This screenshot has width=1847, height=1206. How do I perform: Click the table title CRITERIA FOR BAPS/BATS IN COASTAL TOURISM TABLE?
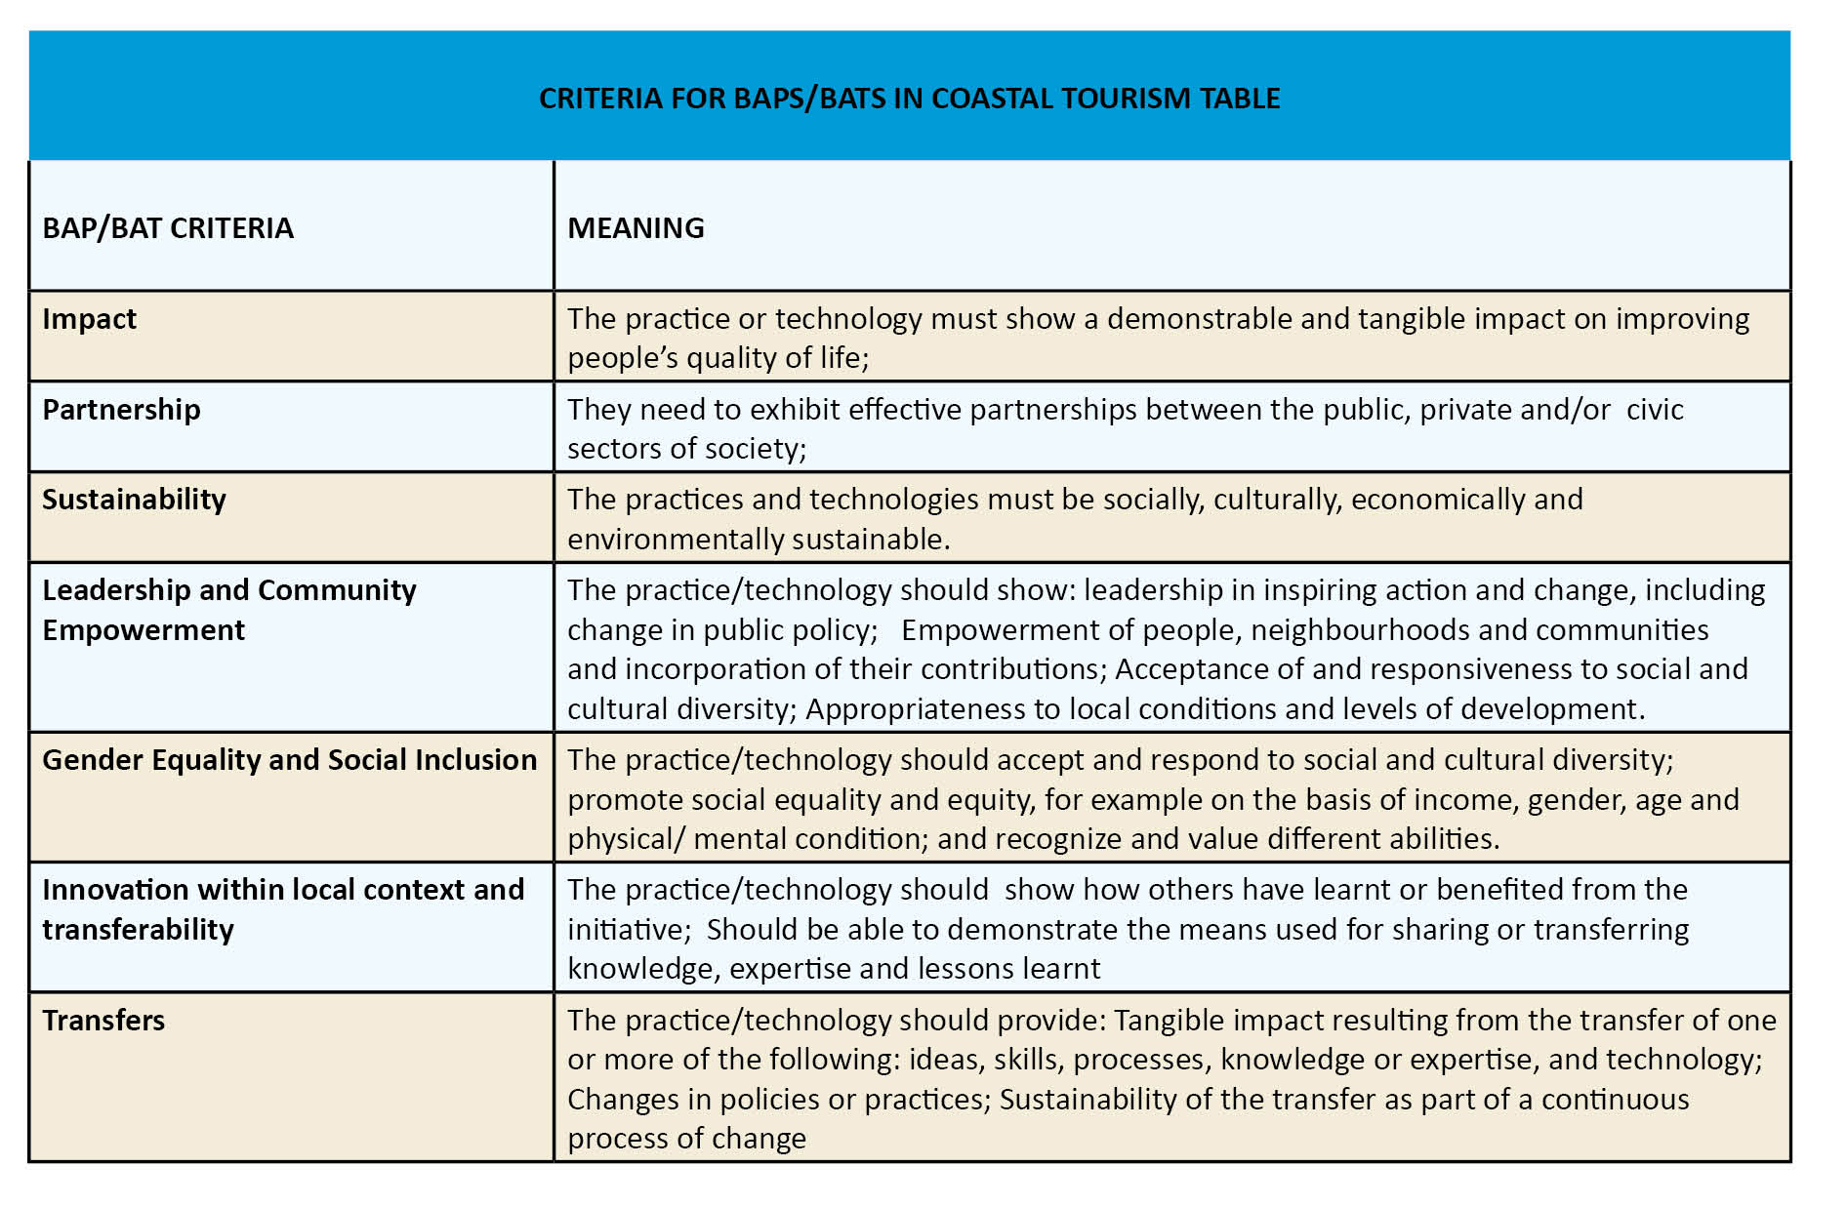tap(909, 99)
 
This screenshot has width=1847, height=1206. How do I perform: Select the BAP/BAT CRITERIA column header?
tap(168, 228)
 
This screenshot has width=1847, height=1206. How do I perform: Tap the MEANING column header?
tap(636, 228)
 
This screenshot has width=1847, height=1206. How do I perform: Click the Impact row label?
tap(89, 319)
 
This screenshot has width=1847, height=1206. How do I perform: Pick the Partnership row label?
tap(121, 410)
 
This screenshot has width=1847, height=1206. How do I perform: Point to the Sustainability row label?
tap(134, 500)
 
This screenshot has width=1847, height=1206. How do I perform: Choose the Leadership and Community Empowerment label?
tap(228, 610)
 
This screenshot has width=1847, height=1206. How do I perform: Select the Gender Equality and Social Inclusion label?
tap(289, 760)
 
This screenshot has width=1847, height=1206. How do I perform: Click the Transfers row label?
tap(103, 1021)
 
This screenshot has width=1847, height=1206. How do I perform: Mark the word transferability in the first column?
tap(138, 930)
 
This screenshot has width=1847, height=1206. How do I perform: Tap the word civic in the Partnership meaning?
tap(1655, 410)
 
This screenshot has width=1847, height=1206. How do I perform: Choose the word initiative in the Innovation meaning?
tap(628, 930)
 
